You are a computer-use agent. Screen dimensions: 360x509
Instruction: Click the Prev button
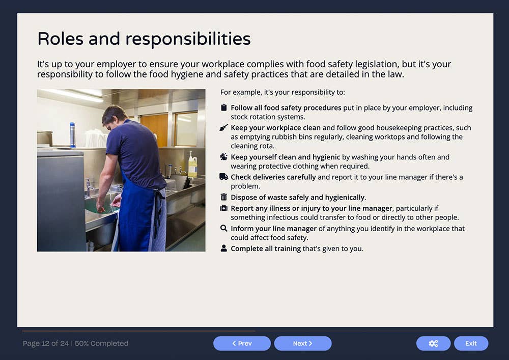242,343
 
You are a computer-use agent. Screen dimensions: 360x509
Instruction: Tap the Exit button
471,343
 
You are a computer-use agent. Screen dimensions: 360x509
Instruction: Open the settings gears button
433,343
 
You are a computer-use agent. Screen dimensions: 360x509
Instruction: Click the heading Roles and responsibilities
144,39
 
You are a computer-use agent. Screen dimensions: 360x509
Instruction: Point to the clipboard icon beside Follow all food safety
224,107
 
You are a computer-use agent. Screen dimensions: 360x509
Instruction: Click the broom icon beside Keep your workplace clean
224,128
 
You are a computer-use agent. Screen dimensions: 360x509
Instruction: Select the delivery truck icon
224,177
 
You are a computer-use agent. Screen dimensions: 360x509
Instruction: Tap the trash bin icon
224,197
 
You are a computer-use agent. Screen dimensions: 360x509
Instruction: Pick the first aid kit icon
224,208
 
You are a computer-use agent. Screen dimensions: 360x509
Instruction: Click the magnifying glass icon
224,229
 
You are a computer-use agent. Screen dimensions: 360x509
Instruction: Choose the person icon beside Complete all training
224,248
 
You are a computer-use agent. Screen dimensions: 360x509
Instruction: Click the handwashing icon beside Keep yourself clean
224,157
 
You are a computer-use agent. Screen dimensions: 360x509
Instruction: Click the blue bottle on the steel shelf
72,134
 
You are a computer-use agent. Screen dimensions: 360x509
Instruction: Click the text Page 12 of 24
45,343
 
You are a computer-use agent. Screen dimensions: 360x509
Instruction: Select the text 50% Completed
102,343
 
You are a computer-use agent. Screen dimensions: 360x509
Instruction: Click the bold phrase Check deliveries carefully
273,177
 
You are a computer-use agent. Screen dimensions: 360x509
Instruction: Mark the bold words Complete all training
266,248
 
